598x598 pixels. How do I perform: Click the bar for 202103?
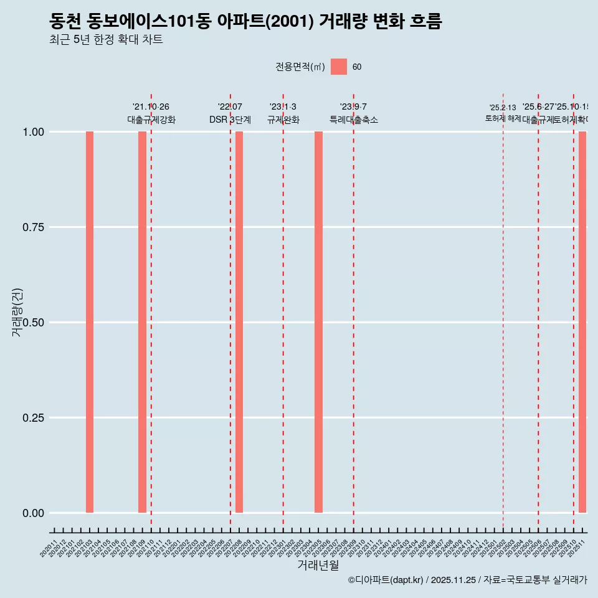click(x=90, y=322)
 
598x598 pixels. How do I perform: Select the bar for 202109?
click(x=142, y=322)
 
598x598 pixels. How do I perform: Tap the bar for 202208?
click(x=239, y=322)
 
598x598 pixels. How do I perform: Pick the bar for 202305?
click(x=318, y=322)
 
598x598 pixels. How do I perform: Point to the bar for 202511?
click(x=582, y=322)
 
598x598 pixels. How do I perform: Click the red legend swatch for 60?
click(x=339, y=67)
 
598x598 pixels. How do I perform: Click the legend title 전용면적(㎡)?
click(x=300, y=67)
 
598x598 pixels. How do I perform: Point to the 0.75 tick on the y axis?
click(x=33, y=227)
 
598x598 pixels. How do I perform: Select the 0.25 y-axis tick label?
click(x=33, y=418)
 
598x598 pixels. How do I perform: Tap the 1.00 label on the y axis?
click(x=33, y=132)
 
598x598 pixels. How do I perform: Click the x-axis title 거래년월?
click(x=318, y=566)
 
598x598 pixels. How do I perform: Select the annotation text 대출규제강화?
click(x=151, y=120)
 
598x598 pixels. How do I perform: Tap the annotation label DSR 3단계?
click(x=230, y=120)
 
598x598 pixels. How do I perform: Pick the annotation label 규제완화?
click(x=283, y=120)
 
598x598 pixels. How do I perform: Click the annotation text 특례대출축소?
click(x=354, y=120)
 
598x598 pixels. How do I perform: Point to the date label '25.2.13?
click(x=503, y=108)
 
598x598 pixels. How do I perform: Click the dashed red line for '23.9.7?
click(x=354, y=311)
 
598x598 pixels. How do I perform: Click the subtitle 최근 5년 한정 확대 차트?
click(x=107, y=40)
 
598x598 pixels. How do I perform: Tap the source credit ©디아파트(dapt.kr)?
click(x=386, y=580)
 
